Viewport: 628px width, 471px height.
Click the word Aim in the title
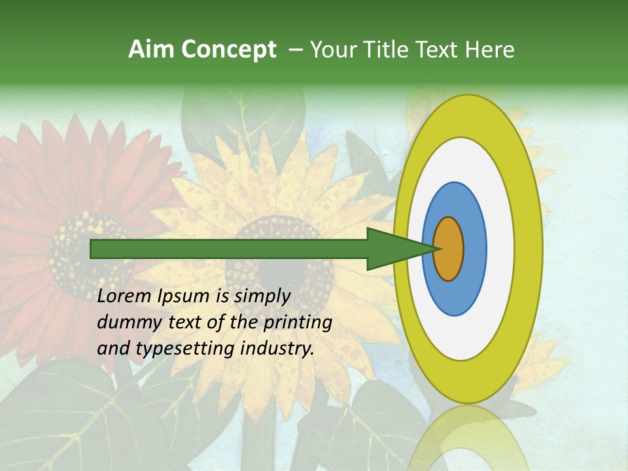tap(151, 50)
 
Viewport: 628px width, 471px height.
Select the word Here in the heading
tap(491, 50)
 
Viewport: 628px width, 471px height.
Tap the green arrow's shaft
tap(229, 249)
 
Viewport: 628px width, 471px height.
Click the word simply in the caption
tap(262, 297)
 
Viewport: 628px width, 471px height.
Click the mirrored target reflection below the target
tap(468, 438)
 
